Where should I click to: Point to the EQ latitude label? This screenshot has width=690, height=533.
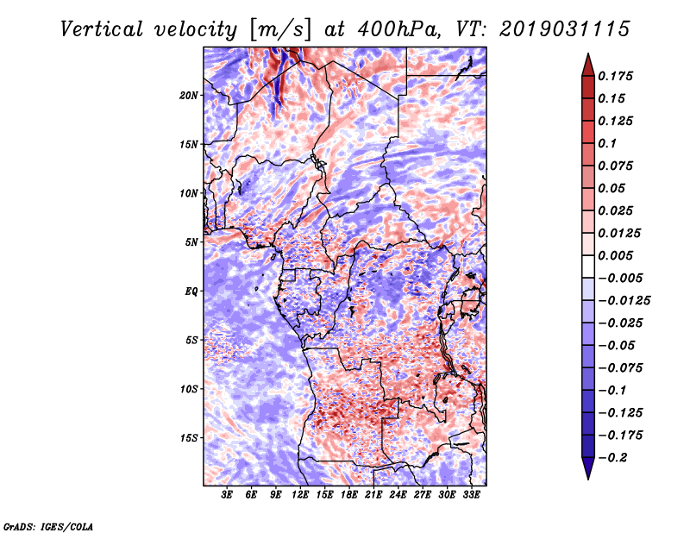click(191, 292)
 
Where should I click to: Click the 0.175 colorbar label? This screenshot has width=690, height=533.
click(618, 76)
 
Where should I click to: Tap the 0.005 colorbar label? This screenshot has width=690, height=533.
click(618, 255)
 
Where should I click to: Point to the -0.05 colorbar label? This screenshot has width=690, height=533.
click(619, 345)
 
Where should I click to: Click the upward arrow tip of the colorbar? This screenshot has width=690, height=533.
click(587, 56)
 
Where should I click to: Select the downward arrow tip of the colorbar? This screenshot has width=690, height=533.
click(587, 476)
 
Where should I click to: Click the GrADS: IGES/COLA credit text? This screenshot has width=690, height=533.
click(48, 525)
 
